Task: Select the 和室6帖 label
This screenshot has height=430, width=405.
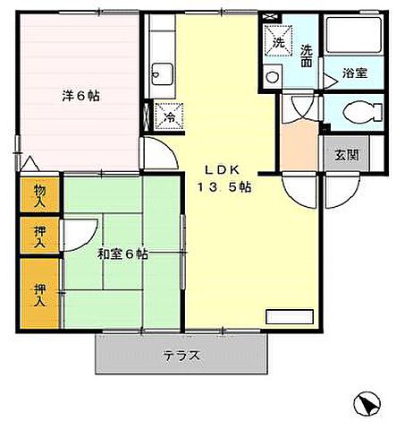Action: (122, 254)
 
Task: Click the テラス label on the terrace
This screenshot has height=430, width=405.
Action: (181, 356)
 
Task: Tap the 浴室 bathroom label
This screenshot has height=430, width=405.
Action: (354, 73)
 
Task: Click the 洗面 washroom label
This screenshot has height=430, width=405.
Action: (306, 56)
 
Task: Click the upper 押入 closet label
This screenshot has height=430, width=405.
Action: (40, 236)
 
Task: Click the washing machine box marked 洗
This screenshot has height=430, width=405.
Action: (278, 42)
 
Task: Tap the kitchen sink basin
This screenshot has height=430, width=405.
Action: (162, 72)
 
